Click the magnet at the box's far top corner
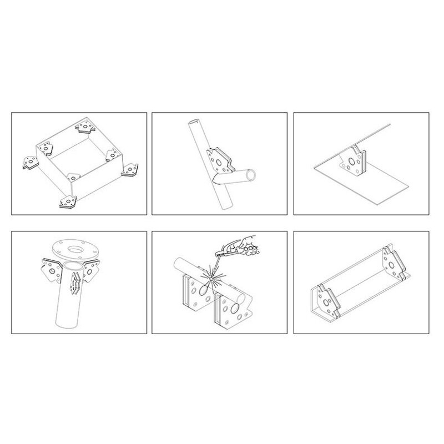84,128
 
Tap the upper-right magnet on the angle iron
392,262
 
